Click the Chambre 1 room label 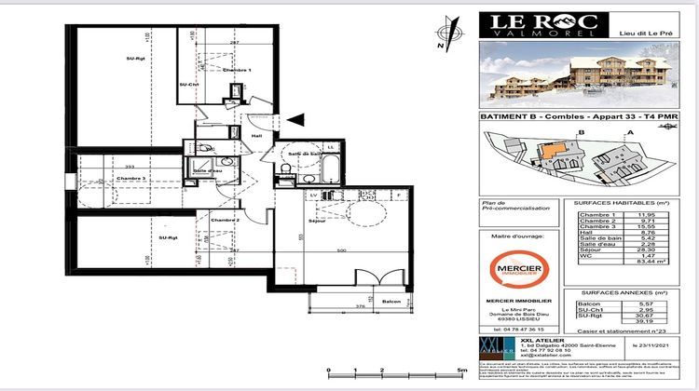[x=236, y=72]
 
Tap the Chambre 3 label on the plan [x=131, y=178]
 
